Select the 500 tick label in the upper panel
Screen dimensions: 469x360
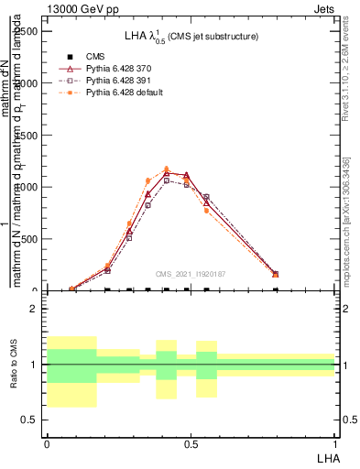click(29, 239)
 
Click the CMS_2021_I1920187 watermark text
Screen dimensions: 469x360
click(190, 274)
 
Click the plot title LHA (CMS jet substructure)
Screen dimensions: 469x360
click(191, 36)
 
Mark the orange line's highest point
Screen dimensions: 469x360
click(166, 169)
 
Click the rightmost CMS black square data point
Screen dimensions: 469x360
click(276, 289)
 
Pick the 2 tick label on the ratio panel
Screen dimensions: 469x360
click(34, 309)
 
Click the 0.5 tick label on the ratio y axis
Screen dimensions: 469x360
click(29, 420)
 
